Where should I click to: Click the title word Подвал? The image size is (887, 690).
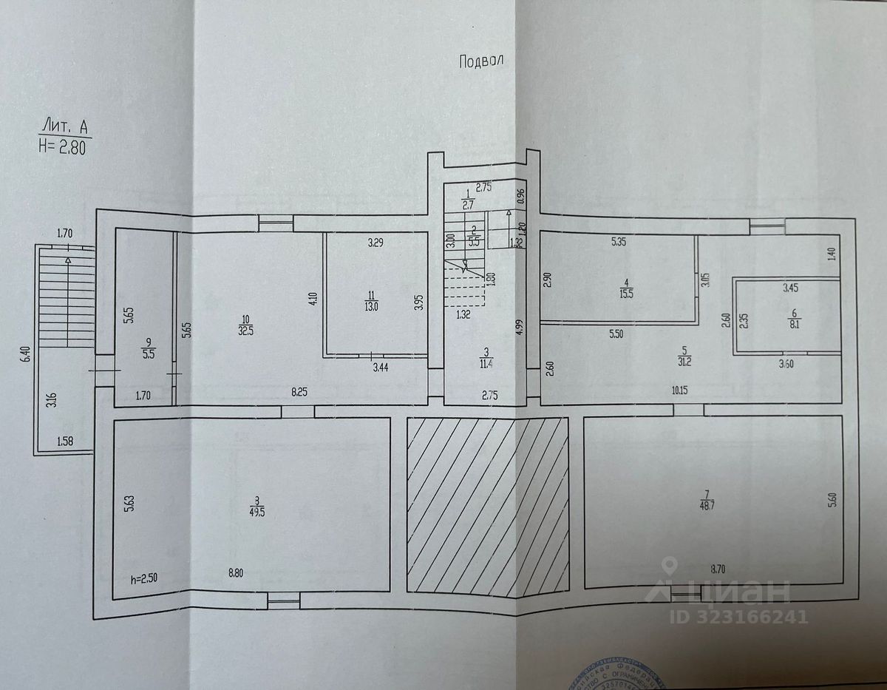click(x=481, y=61)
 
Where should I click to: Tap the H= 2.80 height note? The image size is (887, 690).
click(x=66, y=145)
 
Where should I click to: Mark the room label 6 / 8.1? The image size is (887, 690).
click(x=786, y=318)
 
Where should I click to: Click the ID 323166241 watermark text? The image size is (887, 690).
click(x=739, y=616)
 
